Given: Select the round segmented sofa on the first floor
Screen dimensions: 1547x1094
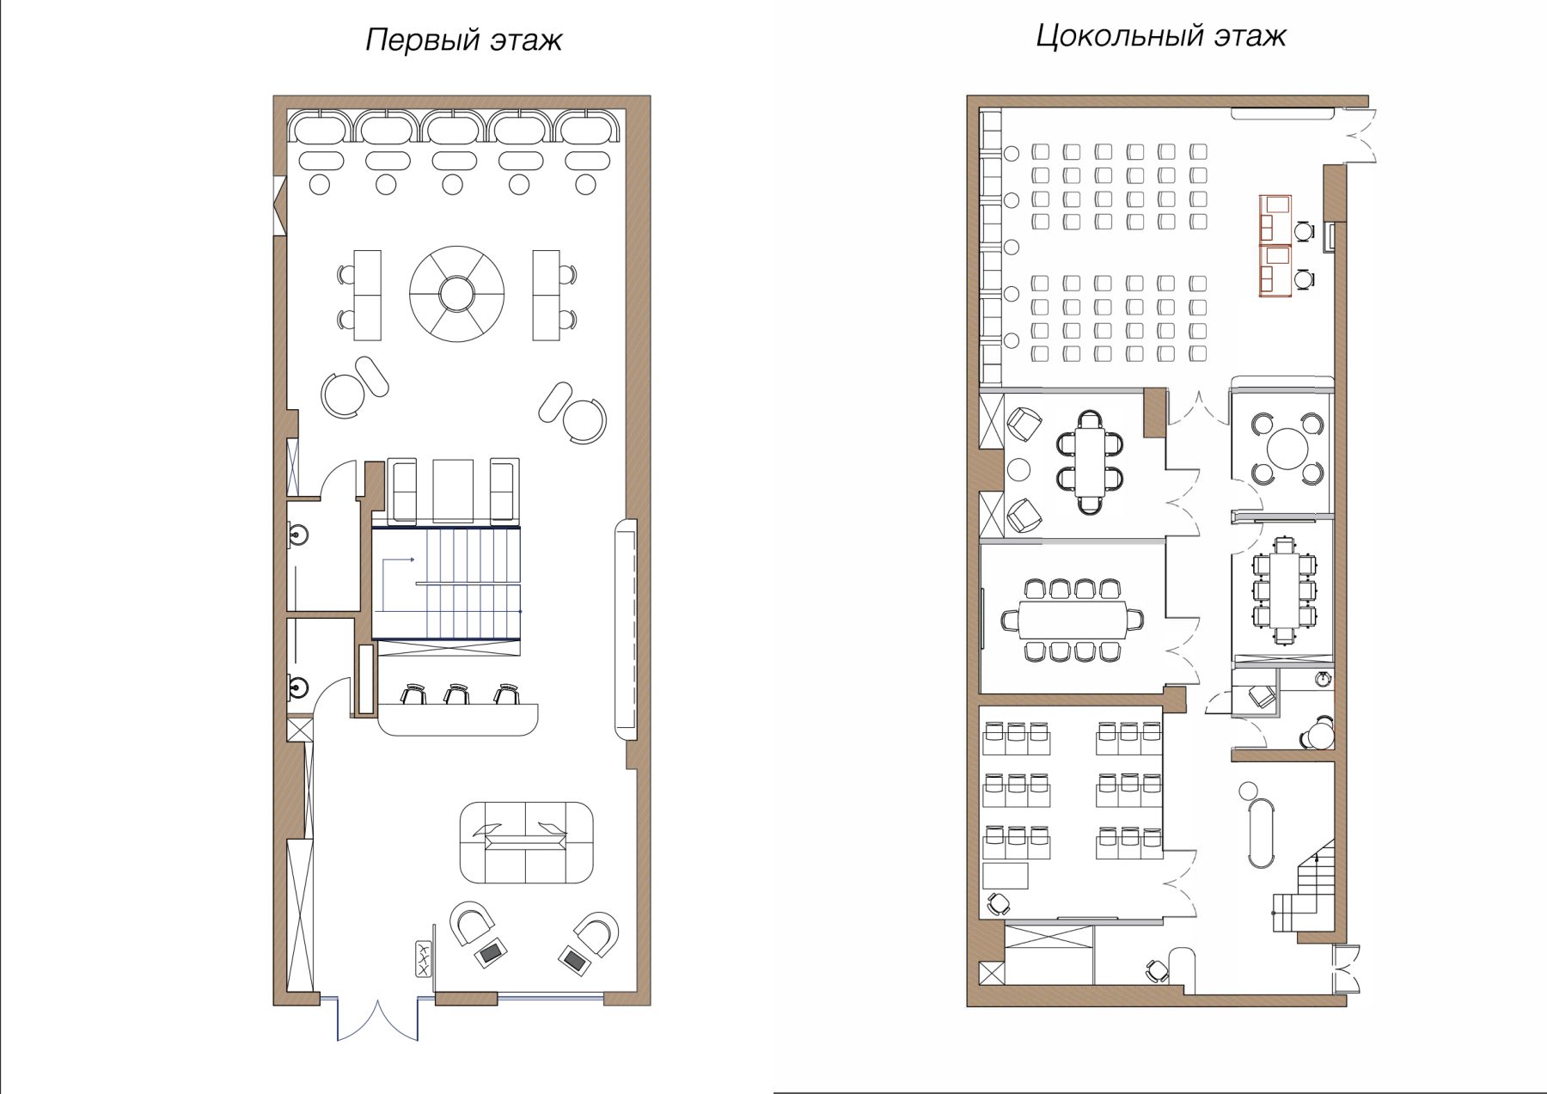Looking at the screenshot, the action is (457, 294).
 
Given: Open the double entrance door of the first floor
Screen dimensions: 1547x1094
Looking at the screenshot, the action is (378, 1019).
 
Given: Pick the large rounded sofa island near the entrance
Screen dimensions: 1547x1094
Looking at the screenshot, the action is (526, 843).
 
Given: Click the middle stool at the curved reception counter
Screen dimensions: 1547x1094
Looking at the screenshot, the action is (456, 694).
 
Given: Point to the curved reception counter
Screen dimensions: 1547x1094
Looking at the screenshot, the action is (458, 719).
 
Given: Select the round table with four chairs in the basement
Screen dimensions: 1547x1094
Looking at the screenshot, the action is (1287, 448).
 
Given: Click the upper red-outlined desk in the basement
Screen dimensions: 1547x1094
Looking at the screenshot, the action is (1275, 220).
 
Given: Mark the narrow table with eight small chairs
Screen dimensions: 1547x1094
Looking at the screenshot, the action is (1284, 590).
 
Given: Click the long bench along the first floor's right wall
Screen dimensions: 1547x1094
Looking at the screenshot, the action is (627, 629).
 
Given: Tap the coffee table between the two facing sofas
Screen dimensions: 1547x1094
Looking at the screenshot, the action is (453, 491).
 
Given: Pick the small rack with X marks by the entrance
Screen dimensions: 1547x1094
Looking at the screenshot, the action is (423, 958).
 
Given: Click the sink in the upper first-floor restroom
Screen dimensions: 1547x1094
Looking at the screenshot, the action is (298, 537).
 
